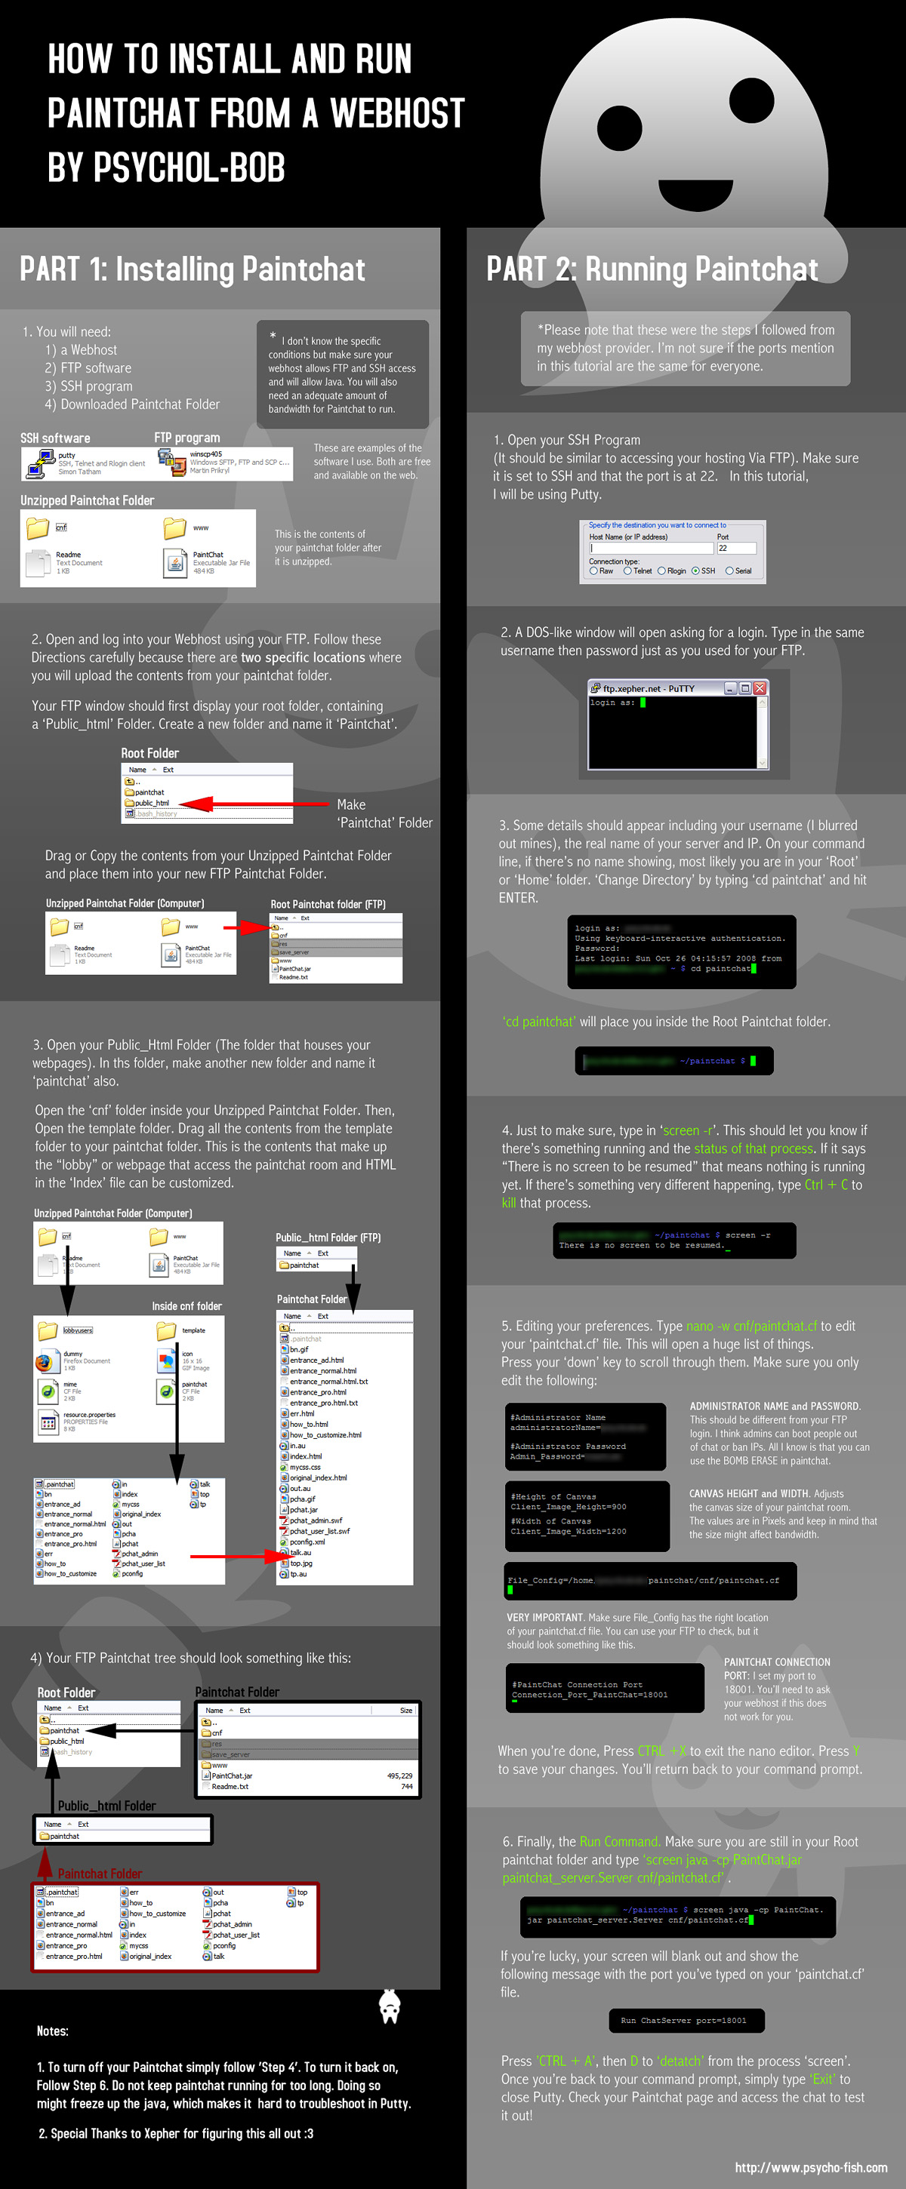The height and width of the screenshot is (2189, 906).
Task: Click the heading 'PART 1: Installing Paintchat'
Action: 193,269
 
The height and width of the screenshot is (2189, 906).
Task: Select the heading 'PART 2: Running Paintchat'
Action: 652,269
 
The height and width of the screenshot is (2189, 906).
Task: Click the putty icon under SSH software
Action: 40,463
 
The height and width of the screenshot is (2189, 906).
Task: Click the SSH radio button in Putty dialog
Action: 696,571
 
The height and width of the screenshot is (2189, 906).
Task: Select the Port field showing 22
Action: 735,548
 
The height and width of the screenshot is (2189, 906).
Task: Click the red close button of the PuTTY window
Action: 759,688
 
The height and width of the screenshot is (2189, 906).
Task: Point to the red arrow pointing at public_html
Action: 255,803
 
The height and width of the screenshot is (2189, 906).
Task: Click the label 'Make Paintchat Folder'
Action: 384,813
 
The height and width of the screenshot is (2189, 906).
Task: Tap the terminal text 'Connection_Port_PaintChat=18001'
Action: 590,1695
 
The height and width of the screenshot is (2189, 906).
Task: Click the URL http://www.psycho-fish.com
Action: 810,2167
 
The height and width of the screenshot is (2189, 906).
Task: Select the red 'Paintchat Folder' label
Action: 100,1873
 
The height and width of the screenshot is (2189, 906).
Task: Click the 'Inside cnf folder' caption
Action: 187,1306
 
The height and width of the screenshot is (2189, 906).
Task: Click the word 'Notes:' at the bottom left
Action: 53,2031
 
